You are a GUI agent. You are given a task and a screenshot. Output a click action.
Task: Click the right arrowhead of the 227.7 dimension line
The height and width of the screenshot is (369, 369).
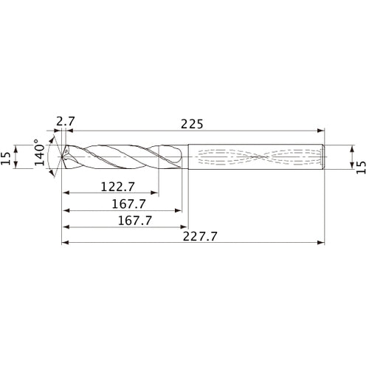coord(322,242)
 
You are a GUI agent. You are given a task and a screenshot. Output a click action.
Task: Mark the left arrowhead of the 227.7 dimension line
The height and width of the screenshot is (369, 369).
coord(65,242)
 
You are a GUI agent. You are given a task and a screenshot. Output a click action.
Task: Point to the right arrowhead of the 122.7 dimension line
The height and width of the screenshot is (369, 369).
coord(156,194)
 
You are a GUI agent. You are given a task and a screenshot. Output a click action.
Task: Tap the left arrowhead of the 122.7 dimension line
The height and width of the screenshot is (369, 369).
coord(65,194)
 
